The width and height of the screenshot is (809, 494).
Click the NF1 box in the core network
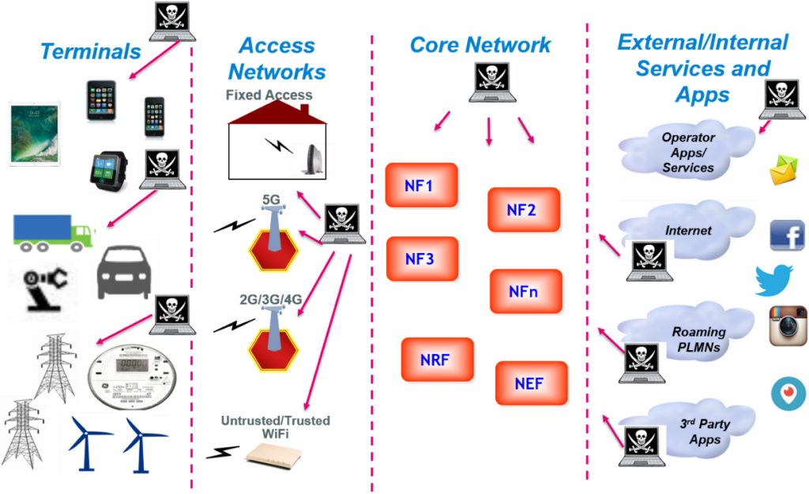[422, 187]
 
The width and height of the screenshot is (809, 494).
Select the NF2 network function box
[524, 210]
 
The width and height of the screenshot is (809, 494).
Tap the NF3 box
[422, 258]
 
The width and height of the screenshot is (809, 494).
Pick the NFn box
[525, 292]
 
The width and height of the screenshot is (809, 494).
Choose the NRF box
[437, 360]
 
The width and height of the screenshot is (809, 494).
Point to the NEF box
[531, 384]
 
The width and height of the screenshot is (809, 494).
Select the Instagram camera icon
[788, 325]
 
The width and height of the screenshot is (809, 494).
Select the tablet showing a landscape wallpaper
[36, 134]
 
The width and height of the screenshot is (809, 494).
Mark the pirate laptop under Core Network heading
[493, 82]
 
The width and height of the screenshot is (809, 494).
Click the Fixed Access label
[269, 96]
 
